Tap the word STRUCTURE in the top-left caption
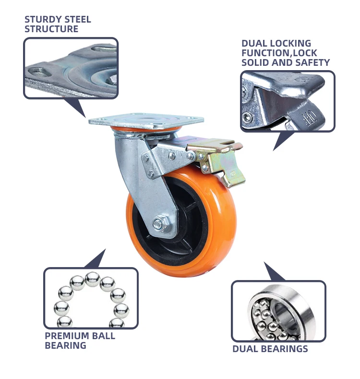(51, 29)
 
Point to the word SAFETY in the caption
(315, 62)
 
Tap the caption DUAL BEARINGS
(270, 349)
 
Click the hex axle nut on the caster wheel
(159, 224)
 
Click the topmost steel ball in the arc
(92, 278)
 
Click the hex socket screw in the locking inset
(248, 117)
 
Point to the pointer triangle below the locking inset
(283, 139)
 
